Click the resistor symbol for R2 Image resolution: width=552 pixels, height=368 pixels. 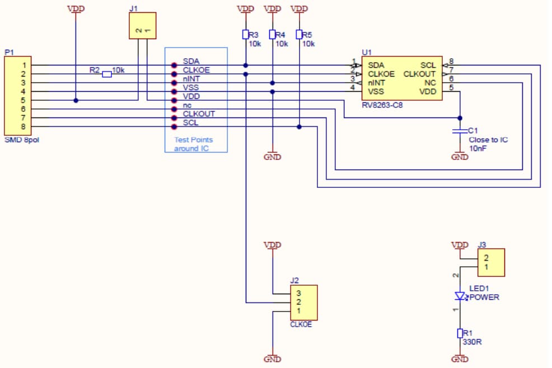click(x=107, y=74)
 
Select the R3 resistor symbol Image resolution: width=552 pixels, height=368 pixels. click(x=245, y=35)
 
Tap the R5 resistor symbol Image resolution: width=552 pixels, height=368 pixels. click(x=300, y=35)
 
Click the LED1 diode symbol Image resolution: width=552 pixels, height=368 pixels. click(x=460, y=296)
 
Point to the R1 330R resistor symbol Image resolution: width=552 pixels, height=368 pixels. click(x=460, y=333)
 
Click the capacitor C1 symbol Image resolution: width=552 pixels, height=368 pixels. click(x=460, y=131)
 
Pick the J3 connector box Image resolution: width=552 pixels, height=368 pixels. click(x=490, y=262)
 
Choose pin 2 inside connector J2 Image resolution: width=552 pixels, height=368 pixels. click(x=299, y=302)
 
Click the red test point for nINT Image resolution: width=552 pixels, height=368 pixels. click(x=174, y=83)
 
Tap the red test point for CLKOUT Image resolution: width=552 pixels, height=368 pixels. click(x=174, y=117)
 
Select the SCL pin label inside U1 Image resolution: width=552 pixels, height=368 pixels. click(x=428, y=65)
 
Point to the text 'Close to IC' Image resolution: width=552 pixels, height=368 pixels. click(x=488, y=140)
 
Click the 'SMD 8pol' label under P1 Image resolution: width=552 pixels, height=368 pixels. click(x=22, y=139)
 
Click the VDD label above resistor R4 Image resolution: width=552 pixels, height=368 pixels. click(x=272, y=9)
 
